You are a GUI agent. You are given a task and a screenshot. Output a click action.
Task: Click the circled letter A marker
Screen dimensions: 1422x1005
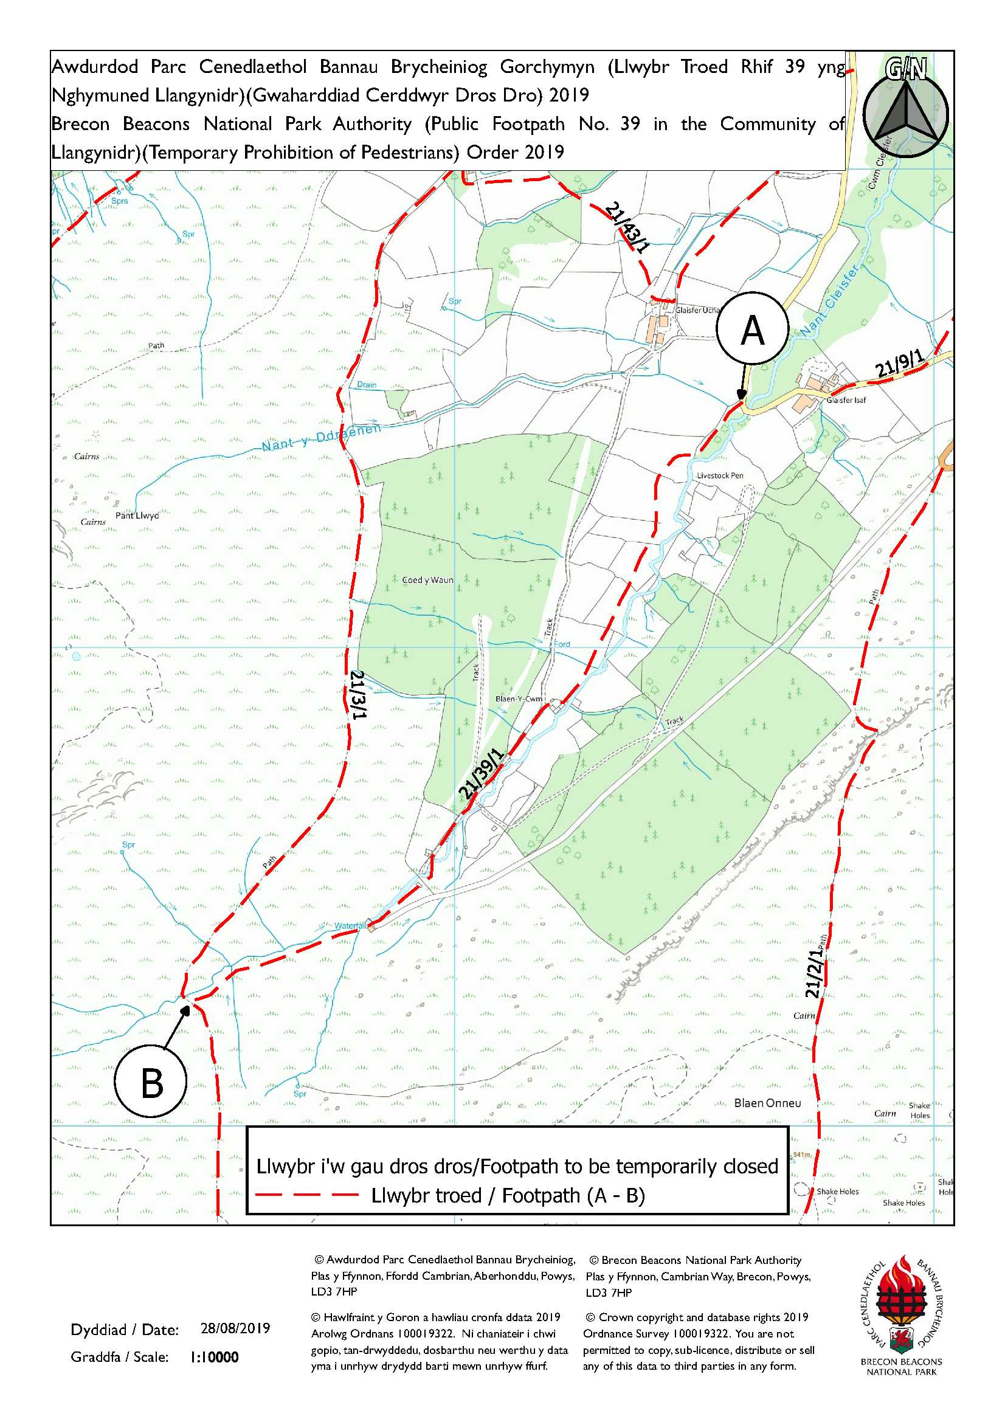[x=752, y=328]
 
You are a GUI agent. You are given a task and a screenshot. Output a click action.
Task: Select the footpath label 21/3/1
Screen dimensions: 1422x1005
[x=359, y=694]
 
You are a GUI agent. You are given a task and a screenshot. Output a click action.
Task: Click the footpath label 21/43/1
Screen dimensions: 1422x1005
[x=628, y=227]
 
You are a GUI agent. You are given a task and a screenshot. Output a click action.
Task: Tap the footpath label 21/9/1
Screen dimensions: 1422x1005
[x=900, y=364]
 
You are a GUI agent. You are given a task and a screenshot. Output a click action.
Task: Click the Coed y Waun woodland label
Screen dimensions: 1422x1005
[x=427, y=581]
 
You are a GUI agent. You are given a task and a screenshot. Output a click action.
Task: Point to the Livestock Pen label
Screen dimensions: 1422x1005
[x=720, y=475]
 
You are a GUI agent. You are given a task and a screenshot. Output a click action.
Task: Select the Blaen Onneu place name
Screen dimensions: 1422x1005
[x=767, y=1103]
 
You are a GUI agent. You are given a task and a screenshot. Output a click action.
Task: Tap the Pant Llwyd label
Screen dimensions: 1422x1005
[x=137, y=516]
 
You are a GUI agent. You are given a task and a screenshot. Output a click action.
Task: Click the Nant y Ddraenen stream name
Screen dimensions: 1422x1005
[x=321, y=437]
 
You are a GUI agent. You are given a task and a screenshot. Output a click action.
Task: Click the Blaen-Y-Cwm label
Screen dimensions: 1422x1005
[x=519, y=699]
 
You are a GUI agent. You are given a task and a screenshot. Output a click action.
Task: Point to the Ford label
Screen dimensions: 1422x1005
[x=562, y=644]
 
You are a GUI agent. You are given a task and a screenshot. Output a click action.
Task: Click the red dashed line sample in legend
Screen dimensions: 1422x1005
[x=308, y=1195]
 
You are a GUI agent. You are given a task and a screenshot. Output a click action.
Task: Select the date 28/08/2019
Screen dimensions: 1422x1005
[x=235, y=1328]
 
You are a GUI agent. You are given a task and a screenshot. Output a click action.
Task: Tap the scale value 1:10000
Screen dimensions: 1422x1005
[x=213, y=1357]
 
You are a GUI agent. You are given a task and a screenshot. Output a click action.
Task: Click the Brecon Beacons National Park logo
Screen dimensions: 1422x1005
[x=901, y=1313]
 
